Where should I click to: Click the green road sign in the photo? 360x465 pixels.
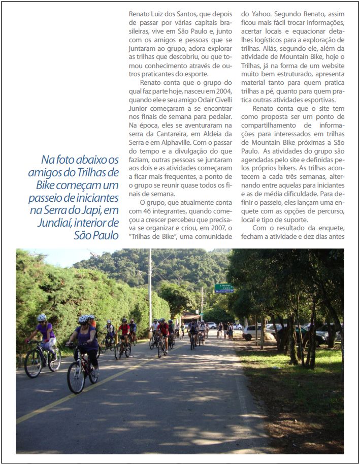tap(224, 288)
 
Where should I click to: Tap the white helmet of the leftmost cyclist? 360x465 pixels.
tap(42, 318)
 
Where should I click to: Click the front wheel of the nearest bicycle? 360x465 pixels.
tap(76, 378)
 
